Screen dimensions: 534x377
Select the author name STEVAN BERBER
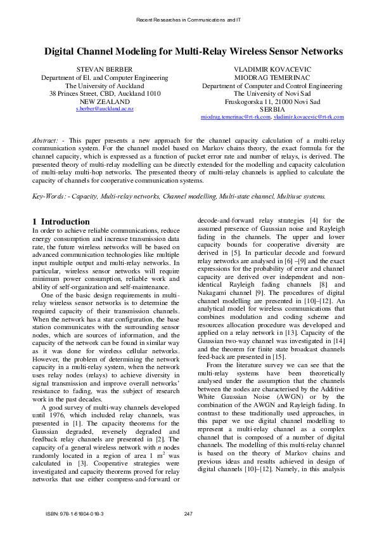[x=105, y=68]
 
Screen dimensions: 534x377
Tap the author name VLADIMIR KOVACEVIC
[x=272, y=68]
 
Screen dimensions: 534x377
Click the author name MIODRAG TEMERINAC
[x=272, y=77]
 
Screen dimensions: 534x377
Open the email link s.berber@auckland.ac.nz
[x=105, y=109]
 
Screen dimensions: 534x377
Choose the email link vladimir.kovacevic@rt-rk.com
[x=309, y=117]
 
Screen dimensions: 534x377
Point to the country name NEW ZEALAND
[x=105, y=101]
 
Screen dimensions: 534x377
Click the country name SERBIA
[x=272, y=109]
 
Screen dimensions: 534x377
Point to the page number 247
[x=188, y=513]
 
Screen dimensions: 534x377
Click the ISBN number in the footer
[x=75, y=513]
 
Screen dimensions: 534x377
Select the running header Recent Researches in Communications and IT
[x=188, y=20]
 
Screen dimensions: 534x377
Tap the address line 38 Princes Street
[x=105, y=93]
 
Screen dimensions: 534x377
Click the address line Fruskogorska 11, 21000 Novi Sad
[x=272, y=101]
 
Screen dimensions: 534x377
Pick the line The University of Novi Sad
[x=272, y=93]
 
